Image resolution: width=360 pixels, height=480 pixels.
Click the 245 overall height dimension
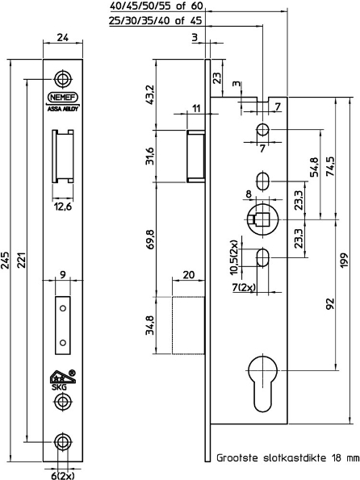click(8, 256)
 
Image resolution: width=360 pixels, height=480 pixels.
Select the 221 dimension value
click(23, 256)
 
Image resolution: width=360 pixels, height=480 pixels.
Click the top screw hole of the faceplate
click(62, 77)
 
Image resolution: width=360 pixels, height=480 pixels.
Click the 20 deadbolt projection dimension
click(187, 274)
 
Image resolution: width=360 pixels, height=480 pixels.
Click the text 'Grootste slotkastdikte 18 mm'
click(287, 457)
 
